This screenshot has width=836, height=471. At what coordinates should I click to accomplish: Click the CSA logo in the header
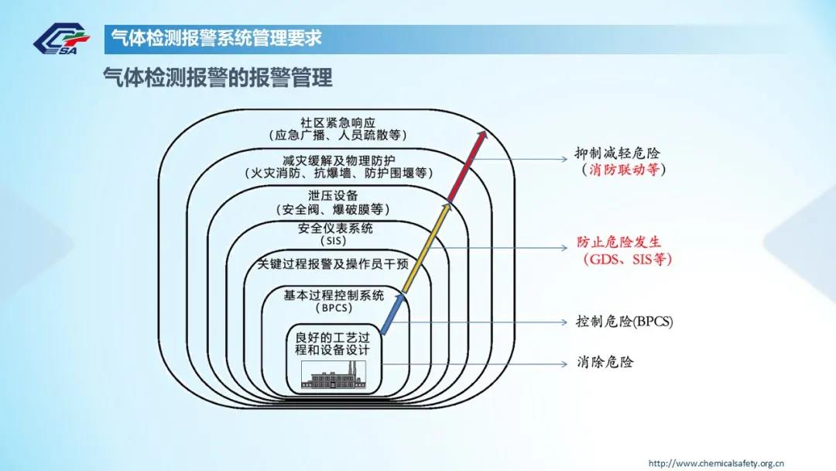tap(61, 39)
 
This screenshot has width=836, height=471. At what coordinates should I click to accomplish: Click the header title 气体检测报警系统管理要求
tap(217, 39)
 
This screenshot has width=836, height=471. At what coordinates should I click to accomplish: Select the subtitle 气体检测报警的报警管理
tap(218, 78)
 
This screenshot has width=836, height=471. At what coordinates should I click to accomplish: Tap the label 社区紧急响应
tap(337, 122)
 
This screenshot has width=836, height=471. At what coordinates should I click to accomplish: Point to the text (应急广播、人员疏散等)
tap(337, 135)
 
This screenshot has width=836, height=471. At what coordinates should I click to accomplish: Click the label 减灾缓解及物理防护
tap(338, 160)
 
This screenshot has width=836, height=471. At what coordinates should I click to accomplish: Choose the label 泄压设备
tap(333, 196)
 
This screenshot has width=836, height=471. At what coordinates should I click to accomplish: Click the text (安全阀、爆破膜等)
tap(333, 209)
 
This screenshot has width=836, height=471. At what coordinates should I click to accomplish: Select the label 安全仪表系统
tap(335, 229)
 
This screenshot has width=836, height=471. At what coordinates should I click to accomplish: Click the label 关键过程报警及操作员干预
tap(333, 264)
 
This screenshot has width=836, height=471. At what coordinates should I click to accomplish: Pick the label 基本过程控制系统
tap(333, 295)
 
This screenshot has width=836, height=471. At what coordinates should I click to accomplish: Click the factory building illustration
tap(334, 375)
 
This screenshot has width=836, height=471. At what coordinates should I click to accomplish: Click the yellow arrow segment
tap(427, 248)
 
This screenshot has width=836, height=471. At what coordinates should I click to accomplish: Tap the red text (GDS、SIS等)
tap(628, 260)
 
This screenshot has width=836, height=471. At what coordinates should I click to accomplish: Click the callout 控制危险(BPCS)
tap(625, 321)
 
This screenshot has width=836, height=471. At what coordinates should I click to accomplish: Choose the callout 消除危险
tap(605, 363)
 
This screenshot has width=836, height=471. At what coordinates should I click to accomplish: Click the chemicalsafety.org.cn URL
tap(716, 463)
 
